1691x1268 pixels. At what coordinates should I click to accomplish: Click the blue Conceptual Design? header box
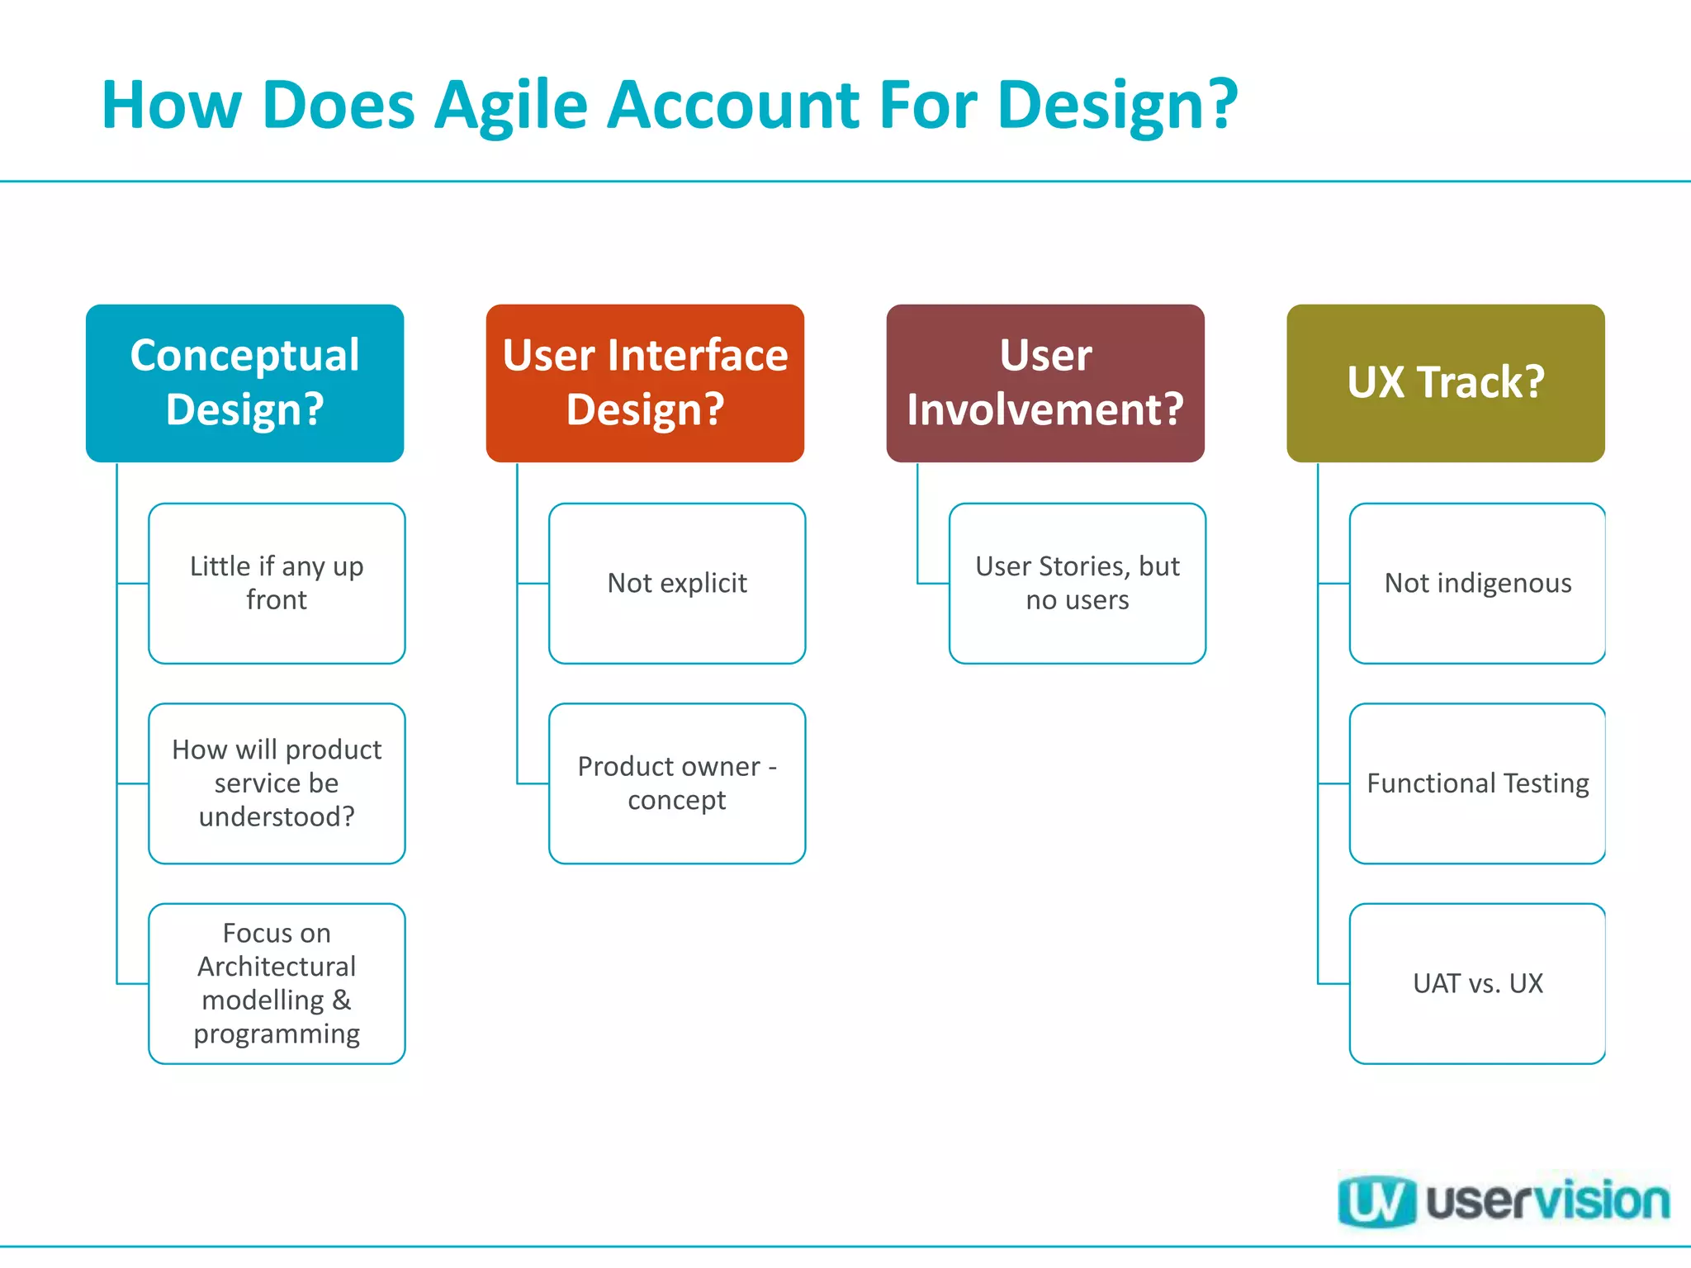(244, 382)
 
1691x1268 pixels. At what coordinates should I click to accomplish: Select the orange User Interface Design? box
(645, 382)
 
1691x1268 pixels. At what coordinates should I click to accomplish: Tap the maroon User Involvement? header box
(1045, 382)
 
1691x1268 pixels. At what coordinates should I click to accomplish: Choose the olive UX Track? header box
(1445, 382)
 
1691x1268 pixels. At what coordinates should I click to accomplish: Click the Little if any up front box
(277, 583)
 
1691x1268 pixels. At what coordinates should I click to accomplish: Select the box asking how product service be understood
(277, 783)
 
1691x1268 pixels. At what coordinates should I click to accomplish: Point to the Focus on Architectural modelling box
(277, 983)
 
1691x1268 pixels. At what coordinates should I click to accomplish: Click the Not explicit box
(677, 583)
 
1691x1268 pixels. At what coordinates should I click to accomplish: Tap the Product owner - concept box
(677, 783)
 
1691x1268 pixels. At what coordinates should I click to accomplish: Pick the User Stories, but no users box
(1078, 583)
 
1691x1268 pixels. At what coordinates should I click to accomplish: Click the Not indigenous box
(1477, 583)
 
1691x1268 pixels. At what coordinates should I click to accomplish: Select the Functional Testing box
(1477, 783)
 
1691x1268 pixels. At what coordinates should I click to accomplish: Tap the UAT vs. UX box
(1477, 983)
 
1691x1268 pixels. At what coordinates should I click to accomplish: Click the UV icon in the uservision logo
(1376, 1201)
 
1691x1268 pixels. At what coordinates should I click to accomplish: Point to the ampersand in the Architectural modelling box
(341, 1001)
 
